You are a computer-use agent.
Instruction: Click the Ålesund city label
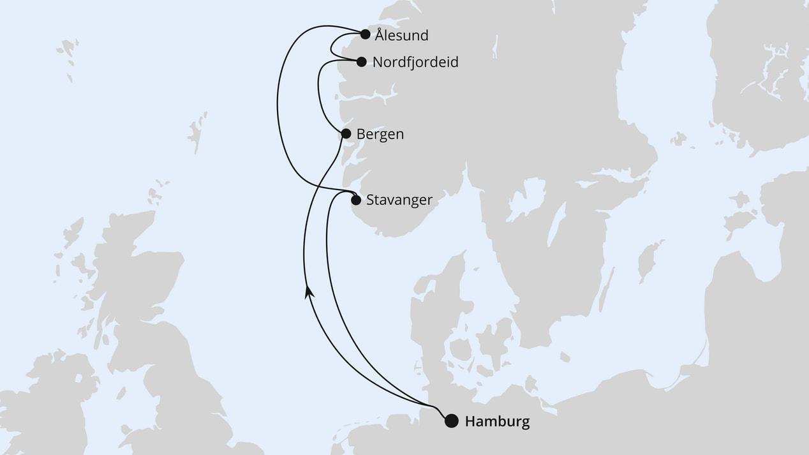tap(401, 36)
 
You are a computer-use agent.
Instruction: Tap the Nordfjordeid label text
tap(415, 63)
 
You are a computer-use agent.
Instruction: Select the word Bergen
tap(380, 135)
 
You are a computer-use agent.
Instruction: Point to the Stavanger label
tap(399, 200)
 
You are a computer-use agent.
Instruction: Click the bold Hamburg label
tap(497, 422)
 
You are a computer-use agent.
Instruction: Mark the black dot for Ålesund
tap(365, 34)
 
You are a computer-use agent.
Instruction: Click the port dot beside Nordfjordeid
tap(361, 62)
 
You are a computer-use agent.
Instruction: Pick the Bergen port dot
tap(346, 134)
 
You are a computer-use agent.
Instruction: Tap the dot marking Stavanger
tap(356, 200)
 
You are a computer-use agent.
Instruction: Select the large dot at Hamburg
tap(451, 421)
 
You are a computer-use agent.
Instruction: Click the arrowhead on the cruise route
tap(309, 292)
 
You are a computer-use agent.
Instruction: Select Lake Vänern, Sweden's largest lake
tap(526, 198)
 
